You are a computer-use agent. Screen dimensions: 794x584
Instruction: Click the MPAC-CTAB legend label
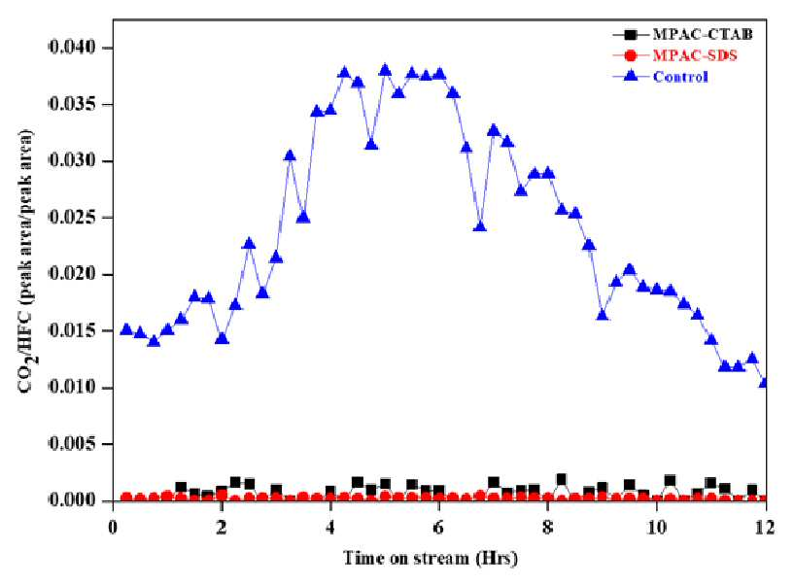703,34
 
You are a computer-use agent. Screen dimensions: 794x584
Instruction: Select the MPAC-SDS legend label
695,55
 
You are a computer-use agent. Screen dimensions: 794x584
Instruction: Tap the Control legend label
680,77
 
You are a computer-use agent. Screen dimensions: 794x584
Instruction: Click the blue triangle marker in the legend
631,77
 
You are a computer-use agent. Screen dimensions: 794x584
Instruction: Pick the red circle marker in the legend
631,55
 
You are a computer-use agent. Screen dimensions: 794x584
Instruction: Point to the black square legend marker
631,34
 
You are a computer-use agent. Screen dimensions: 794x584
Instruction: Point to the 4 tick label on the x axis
330,528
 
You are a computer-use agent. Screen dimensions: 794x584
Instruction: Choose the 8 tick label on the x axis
548,528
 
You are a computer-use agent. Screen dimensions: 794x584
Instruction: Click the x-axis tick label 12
766,528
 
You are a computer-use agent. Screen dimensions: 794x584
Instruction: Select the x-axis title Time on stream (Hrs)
431,558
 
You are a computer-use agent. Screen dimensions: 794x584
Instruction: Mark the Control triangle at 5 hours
385,70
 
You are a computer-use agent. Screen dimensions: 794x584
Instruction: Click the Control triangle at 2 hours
222,338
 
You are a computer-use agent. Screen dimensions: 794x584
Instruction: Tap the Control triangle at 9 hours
603,315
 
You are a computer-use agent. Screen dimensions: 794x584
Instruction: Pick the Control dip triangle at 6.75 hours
480,226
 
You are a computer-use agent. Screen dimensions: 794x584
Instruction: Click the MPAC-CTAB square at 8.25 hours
561,479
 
